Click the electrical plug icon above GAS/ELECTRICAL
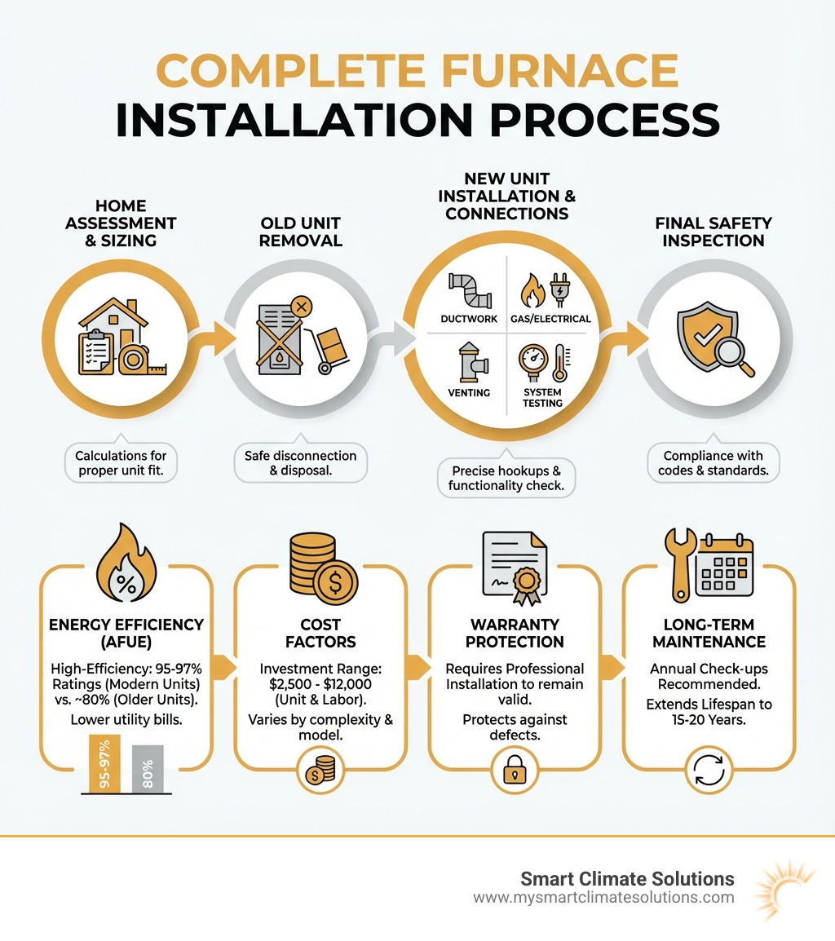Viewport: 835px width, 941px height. [x=560, y=289]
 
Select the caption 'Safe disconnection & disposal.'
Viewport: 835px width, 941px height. [x=301, y=463]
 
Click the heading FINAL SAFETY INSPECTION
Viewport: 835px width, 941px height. [x=713, y=232]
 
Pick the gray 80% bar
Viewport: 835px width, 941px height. [x=148, y=768]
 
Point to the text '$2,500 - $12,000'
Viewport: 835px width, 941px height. [x=320, y=685]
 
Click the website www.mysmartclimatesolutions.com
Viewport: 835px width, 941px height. [x=603, y=898]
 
